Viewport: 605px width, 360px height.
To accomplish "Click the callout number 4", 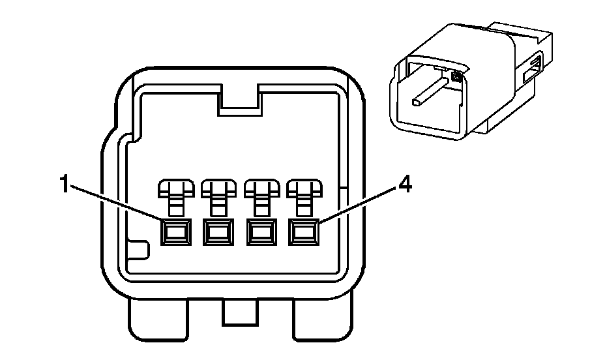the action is pyautogui.click(x=405, y=186).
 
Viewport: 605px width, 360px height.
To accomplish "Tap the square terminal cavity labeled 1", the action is pyautogui.click(x=176, y=232).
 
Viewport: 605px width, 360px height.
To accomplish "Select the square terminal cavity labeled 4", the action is pyautogui.click(x=304, y=232).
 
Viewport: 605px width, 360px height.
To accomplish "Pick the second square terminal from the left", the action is pyautogui.click(x=218, y=232).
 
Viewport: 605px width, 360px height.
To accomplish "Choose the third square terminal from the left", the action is pyautogui.click(x=261, y=232).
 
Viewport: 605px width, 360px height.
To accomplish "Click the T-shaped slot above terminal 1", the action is pyautogui.click(x=176, y=197).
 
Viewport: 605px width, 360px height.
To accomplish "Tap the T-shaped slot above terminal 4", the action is pyautogui.click(x=304, y=197).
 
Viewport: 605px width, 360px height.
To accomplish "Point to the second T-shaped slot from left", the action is pyautogui.click(x=219, y=197).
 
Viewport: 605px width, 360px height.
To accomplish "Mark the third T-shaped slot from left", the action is pyautogui.click(x=261, y=197).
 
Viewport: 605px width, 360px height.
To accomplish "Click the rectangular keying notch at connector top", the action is pyautogui.click(x=240, y=100).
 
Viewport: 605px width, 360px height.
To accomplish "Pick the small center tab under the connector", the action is pyautogui.click(x=240, y=312).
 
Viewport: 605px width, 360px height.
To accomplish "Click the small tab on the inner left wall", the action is pyautogui.click(x=138, y=250).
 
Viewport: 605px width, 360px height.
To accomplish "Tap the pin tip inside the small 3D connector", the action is pyautogui.click(x=416, y=102).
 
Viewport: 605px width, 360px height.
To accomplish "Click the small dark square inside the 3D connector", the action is pyautogui.click(x=457, y=77).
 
